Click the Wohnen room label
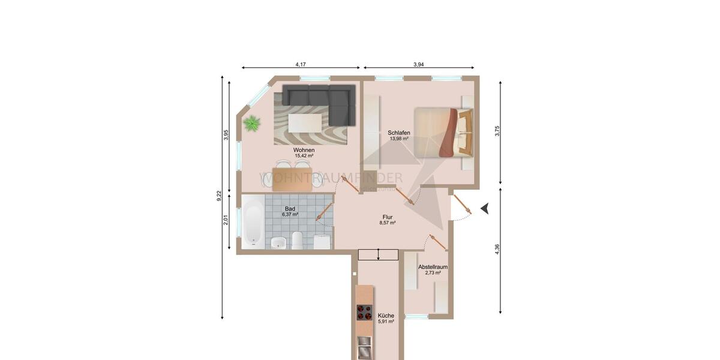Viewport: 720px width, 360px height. click(x=304, y=150)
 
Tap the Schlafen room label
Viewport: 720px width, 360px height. click(x=398, y=133)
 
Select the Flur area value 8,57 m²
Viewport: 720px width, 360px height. click(x=388, y=223)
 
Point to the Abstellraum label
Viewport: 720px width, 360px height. click(x=433, y=266)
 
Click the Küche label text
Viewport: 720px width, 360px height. click(x=386, y=316)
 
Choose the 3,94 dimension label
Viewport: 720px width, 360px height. click(x=418, y=64)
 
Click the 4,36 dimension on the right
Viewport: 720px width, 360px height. click(x=497, y=250)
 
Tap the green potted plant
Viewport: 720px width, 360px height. click(x=252, y=124)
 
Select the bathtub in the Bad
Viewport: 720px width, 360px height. click(x=253, y=224)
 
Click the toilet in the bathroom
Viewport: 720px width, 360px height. click(x=297, y=241)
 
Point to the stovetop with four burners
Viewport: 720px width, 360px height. click(x=364, y=313)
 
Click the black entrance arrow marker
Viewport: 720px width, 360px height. click(x=485, y=208)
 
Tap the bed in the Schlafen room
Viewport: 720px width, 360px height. click(x=443, y=132)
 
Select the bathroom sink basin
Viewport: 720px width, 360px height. click(x=278, y=242)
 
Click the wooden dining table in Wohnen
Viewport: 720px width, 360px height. click(x=292, y=179)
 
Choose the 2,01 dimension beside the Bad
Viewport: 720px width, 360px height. click(x=226, y=220)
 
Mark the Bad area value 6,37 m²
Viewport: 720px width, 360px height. click(x=290, y=214)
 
